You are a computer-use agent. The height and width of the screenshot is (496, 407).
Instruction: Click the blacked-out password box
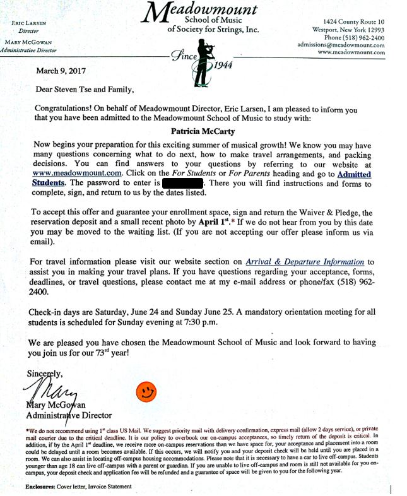182,184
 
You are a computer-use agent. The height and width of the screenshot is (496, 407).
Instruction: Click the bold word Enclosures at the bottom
45,487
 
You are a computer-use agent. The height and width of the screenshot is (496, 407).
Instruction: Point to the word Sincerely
44,373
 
